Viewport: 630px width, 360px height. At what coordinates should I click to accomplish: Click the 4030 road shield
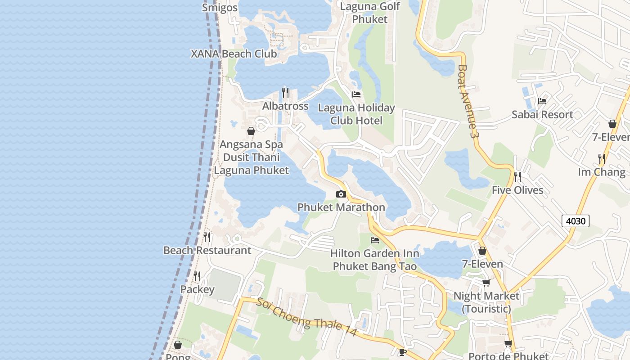(575, 220)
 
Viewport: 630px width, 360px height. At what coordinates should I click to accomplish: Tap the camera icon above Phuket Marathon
(341, 194)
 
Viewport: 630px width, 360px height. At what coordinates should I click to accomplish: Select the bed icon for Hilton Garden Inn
(374, 240)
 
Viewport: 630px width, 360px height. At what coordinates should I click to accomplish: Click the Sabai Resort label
(542, 114)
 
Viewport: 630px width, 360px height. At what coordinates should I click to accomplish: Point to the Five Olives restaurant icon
(517, 176)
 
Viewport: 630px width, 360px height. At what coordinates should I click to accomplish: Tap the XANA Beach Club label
(234, 54)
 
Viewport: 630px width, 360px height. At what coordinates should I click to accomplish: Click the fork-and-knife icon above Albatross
(285, 92)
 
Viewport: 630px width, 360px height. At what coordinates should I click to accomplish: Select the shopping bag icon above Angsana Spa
(251, 131)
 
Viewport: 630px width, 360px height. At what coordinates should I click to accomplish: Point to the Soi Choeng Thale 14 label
(306, 317)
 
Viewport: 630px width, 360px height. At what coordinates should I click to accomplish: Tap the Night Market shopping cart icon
(486, 283)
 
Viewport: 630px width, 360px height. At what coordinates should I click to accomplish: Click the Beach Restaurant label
(207, 250)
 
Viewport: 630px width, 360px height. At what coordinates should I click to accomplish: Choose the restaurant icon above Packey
(197, 276)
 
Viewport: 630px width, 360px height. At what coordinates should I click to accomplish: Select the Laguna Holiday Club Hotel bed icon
(356, 94)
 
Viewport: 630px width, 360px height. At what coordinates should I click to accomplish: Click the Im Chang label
(602, 172)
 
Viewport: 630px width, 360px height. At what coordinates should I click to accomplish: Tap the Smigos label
(220, 7)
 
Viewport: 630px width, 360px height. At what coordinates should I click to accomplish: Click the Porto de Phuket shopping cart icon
(508, 344)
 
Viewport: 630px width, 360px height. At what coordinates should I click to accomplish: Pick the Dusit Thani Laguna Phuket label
(251, 164)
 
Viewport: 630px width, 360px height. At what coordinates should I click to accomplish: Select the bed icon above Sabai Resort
(542, 101)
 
